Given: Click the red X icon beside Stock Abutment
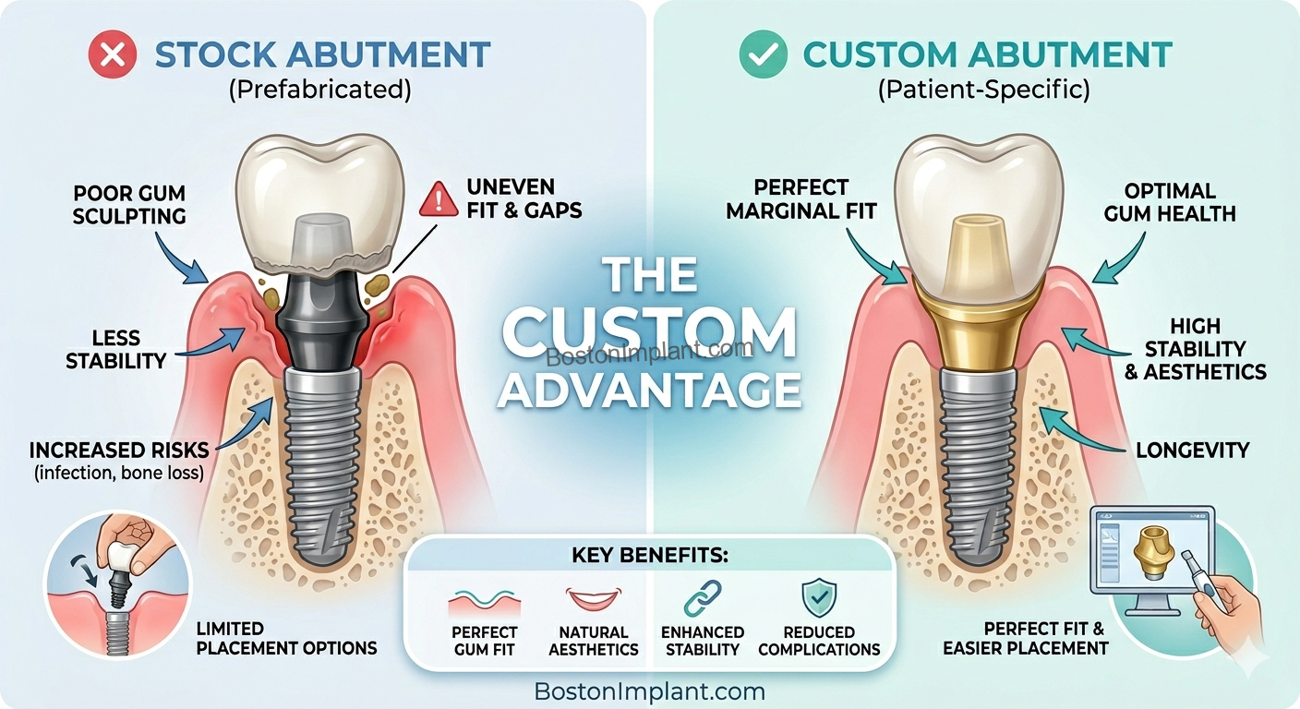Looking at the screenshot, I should point(112,54).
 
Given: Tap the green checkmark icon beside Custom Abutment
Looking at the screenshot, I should point(763,54).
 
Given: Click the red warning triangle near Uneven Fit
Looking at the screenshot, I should point(439,198).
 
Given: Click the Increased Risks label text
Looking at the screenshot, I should point(119,451).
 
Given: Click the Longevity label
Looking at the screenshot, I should point(1191,451).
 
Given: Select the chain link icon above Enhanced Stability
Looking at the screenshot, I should point(701,597).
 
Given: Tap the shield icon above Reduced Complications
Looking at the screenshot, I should point(818,597).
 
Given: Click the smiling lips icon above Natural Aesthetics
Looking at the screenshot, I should point(594,600).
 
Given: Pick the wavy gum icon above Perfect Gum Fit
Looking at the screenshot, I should point(484,602).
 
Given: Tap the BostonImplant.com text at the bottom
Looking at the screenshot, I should point(649,691).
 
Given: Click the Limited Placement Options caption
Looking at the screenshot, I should point(286,638).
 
